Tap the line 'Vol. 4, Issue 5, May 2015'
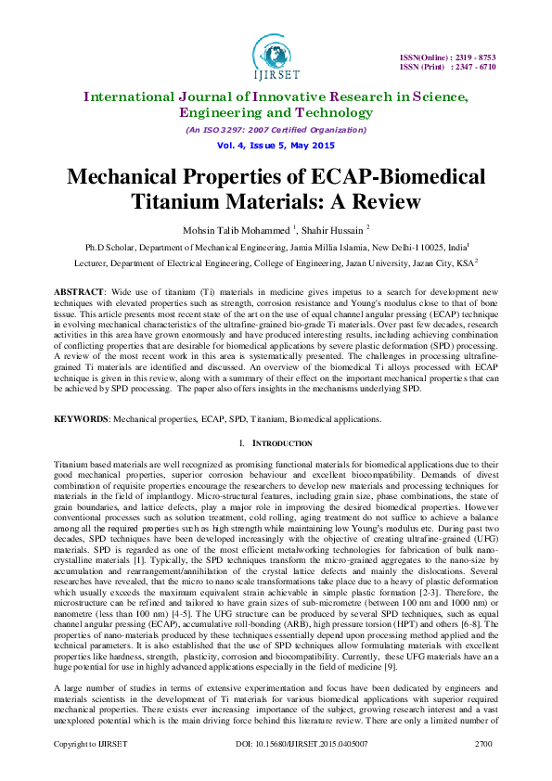point(276,147)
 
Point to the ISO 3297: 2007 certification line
point(276,130)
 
